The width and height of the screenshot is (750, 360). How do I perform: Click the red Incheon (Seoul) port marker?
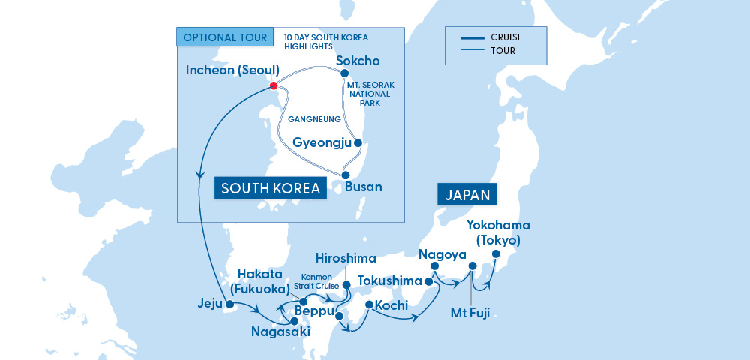274,85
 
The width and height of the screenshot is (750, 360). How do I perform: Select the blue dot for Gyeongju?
358,142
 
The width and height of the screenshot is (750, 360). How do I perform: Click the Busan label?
363,187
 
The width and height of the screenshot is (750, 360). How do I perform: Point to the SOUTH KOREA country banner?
271,187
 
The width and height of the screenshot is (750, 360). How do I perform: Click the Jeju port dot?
229,304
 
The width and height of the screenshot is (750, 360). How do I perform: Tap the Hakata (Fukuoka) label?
264,280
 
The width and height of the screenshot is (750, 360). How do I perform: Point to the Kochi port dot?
369,304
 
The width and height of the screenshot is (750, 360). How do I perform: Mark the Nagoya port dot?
433,265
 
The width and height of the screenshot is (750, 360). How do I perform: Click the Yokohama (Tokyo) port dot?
495,254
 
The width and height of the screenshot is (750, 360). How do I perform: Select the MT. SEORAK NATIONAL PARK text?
369,94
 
